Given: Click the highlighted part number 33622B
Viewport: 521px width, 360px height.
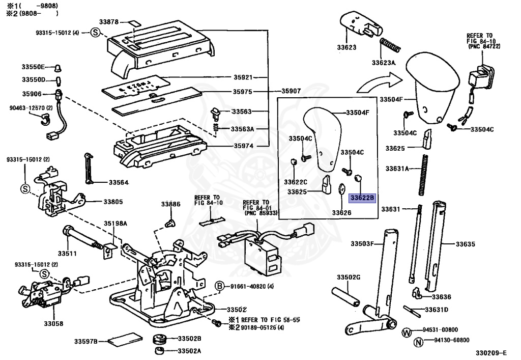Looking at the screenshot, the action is click(x=362, y=198).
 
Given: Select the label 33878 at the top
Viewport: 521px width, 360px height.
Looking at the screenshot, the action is click(x=109, y=22).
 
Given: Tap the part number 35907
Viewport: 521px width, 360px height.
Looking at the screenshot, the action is click(x=291, y=91).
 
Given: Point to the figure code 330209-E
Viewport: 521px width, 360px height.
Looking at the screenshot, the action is click(x=491, y=353).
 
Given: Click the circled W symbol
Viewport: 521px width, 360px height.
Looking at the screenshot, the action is click(x=407, y=332).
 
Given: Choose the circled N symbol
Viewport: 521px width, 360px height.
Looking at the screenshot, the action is click(x=418, y=342).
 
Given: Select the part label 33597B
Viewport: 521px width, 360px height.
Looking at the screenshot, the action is click(x=85, y=341).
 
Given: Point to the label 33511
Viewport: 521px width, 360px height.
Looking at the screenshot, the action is click(x=67, y=253).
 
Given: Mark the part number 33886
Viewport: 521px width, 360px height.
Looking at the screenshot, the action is click(x=171, y=204).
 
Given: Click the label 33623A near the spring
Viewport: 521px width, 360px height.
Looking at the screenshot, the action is click(x=383, y=63).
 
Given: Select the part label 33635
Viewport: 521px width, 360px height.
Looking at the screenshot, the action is click(x=465, y=244).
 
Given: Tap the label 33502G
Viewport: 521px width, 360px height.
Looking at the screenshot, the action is click(x=348, y=277).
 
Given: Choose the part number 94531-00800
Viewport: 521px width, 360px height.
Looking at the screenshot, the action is click(x=440, y=330).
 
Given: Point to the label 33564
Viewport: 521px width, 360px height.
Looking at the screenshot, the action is click(x=119, y=182).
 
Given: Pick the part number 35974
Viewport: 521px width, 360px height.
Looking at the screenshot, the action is click(x=243, y=146).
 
